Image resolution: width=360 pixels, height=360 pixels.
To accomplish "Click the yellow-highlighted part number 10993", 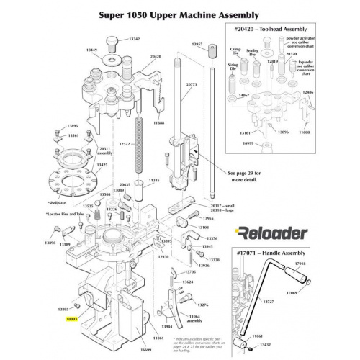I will (72, 317).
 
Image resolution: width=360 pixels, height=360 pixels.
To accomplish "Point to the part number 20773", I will (191, 84).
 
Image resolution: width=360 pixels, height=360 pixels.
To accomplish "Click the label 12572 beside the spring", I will (125, 143).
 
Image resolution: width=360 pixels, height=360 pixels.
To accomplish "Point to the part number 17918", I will (320, 264).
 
